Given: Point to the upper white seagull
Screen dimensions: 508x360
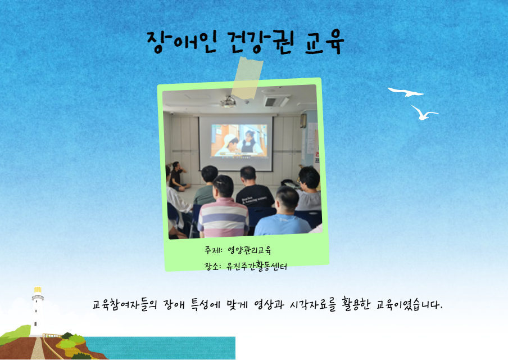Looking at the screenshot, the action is pos(406,92).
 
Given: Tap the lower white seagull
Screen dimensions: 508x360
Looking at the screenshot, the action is pos(424,112).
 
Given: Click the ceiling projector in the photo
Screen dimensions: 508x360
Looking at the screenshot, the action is pos(229,102).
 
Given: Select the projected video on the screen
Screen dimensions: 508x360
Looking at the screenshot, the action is pos(239,141).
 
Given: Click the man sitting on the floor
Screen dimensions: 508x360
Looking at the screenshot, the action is pos(179,176).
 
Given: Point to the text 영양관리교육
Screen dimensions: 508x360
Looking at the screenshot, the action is pos(250,250).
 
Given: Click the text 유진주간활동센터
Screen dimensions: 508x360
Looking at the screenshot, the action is pos(257,266).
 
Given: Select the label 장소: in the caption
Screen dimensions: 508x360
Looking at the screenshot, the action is pos(212,266).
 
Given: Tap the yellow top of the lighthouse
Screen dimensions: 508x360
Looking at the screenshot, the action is pos(38,290).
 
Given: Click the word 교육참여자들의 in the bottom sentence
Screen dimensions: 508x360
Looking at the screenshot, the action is pos(125,304).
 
